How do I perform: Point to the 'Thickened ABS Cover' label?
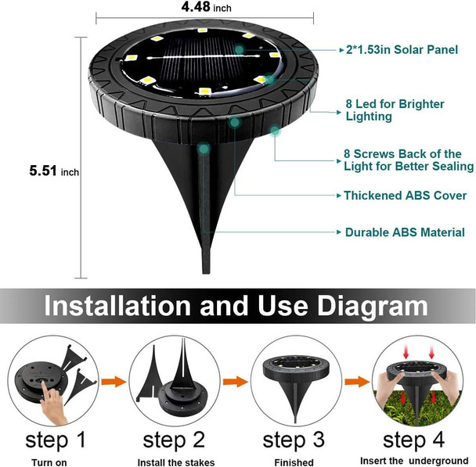click(x=405, y=195)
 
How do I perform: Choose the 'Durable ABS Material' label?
click(x=405, y=232)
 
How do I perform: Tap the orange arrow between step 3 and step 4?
click(x=357, y=382)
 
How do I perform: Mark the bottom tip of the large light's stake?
click(x=207, y=271)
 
